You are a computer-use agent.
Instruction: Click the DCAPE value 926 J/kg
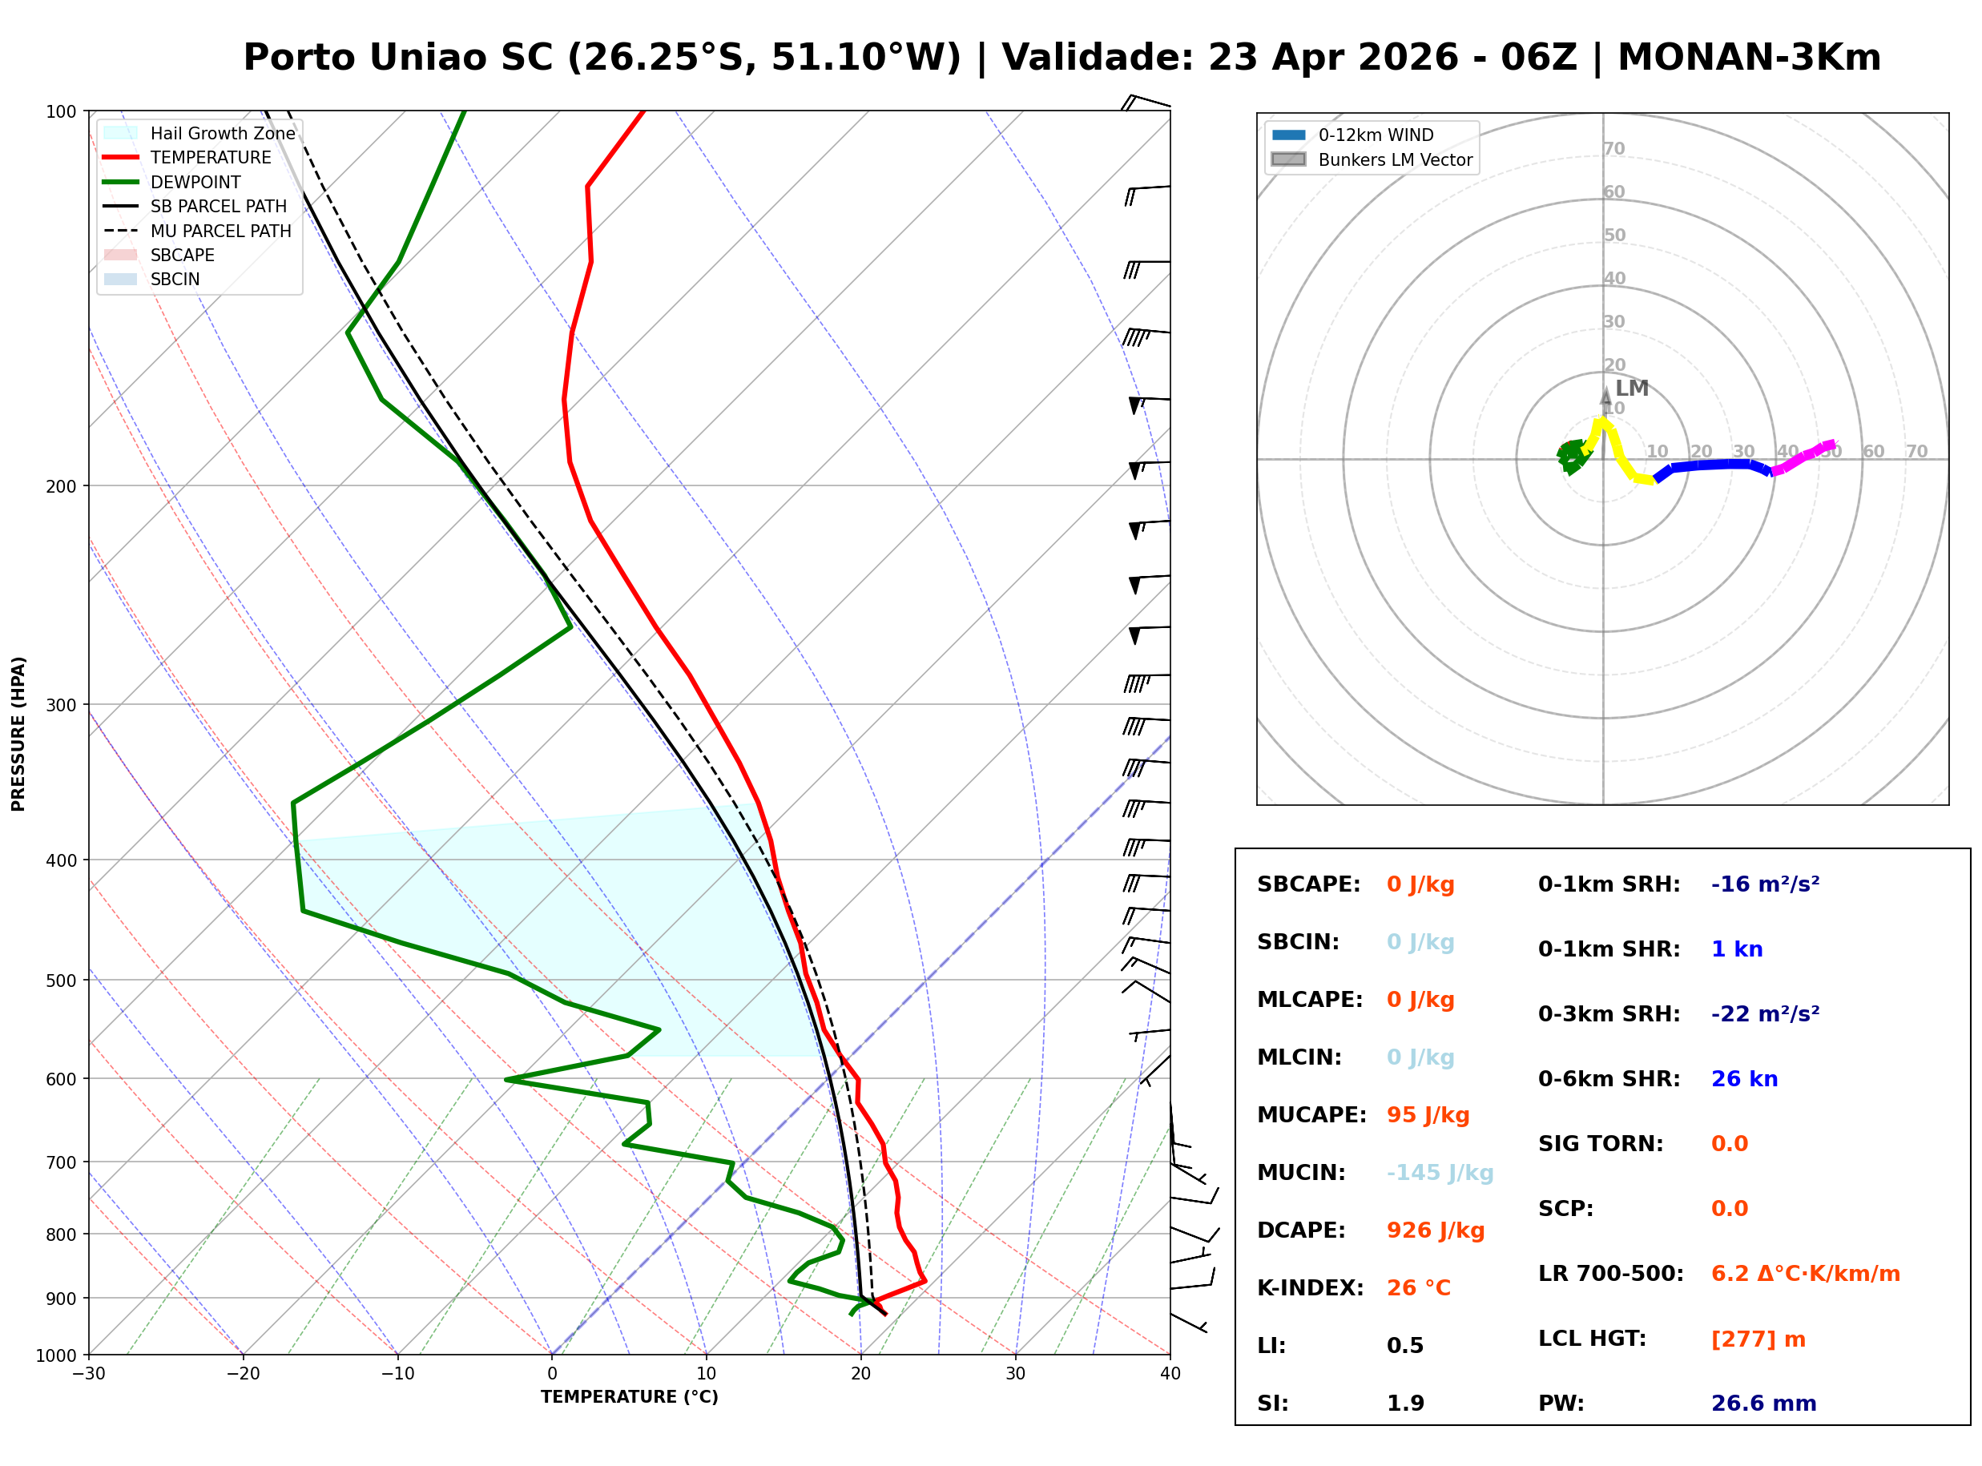coord(1435,1230)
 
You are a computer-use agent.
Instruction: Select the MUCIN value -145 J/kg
coord(1439,1172)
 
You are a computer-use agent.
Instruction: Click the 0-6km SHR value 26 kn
coord(1743,1078)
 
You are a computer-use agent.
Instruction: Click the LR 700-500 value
coord(1805,1274)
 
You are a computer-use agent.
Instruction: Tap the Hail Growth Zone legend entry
coord(222,133)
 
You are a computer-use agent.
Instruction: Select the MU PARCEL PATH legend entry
coord(220,231)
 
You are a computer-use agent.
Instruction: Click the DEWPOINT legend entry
coord(195,182)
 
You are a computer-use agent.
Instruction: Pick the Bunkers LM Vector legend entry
coord(1394,159)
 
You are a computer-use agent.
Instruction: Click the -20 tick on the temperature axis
coord(242,1374)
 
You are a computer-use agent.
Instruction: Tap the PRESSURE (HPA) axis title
coord(18,733)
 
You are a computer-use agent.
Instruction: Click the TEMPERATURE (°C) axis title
coord(629,1397)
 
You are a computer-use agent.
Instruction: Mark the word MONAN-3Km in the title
coord(1748,58)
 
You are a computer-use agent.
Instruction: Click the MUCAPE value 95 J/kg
coord(1427,1114)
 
